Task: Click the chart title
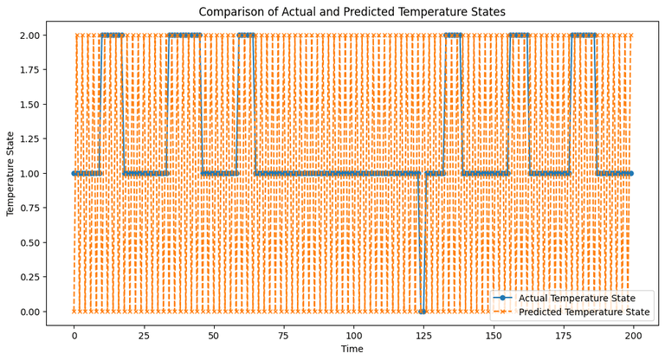coord(352,12)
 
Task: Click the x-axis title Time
coord(352,349)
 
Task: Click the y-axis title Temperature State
coord(11,173)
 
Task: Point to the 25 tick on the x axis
coord(144,334)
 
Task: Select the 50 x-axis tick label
coord(214,334)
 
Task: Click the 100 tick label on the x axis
coord(353,334)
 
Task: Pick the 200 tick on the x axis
coord(633,334)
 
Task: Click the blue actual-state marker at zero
coord(422,312)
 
